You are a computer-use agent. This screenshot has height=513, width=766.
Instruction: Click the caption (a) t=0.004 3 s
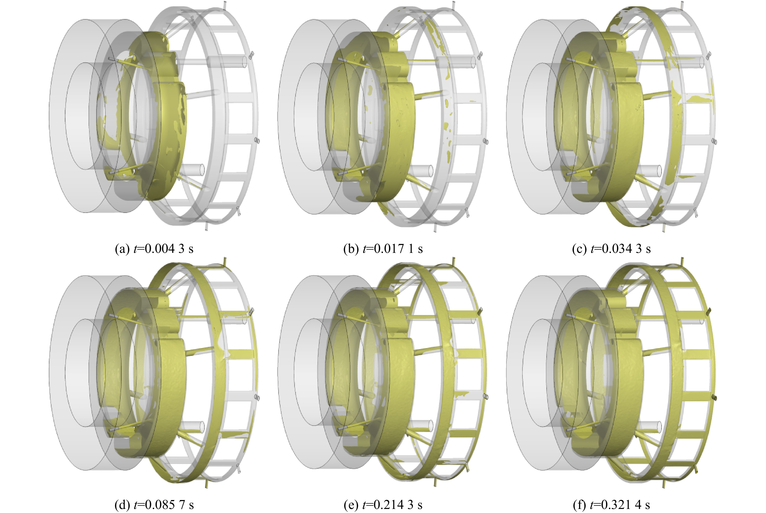[x=154, y=249]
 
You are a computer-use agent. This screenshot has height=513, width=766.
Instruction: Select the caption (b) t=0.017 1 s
[x=383, y=249]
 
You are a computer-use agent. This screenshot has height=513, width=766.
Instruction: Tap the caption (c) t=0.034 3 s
[x=611, y=249]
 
